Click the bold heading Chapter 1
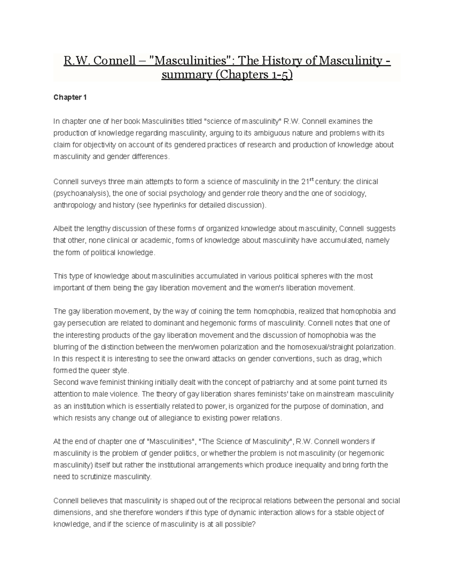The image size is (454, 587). tap(70, 98)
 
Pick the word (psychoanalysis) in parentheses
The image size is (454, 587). tap(82, 194)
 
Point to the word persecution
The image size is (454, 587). tap(84, 323)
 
